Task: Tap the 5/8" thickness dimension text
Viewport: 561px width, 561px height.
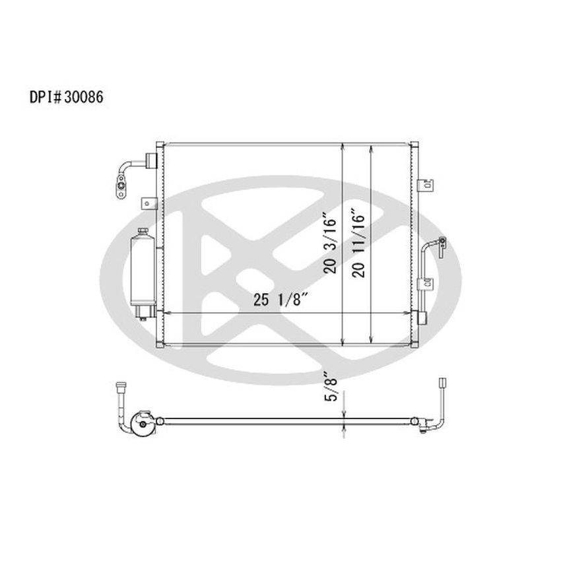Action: [334, 387]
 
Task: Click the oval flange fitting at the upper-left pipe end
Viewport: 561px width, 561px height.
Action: [122, 187]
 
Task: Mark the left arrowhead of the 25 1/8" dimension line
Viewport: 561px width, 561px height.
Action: [165, 312]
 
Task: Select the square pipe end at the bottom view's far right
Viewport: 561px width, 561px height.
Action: [442, 382]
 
